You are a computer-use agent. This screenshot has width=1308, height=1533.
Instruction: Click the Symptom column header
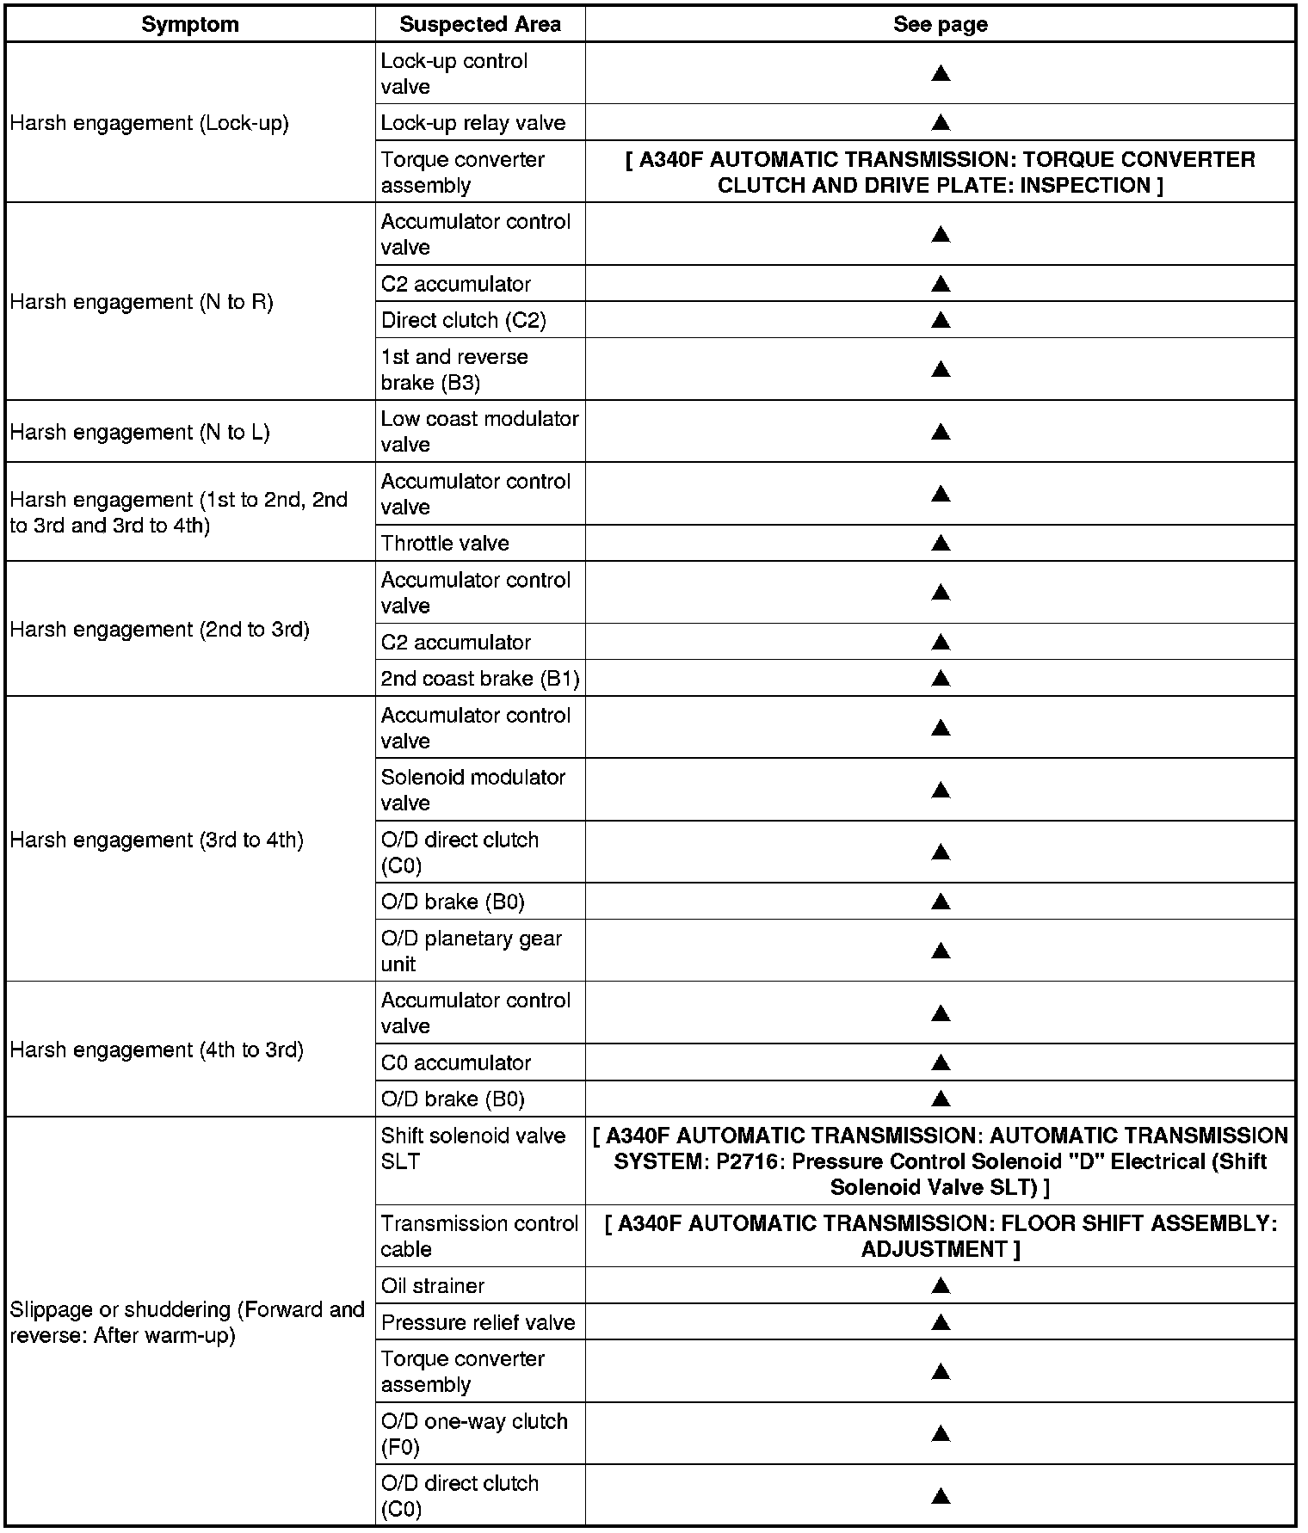[x=190, y=24]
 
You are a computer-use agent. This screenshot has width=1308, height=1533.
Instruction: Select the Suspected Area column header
[x=480, y=24]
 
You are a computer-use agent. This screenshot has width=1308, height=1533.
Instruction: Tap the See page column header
[x=940, y=24]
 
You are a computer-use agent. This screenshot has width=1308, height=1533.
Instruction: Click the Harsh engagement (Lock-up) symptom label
[x=150, y=123]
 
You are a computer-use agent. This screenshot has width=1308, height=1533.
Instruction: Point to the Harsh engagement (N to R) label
[x=142, y=302]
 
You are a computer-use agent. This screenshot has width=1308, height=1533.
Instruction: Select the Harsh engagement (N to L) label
[x=140, y=432]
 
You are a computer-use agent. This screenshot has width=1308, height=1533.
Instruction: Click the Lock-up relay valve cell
[x=473, y=123]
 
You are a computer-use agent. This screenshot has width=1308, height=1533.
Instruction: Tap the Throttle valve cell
[x=445, y=543]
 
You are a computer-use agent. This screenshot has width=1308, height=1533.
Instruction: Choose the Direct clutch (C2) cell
[x=464, y=320]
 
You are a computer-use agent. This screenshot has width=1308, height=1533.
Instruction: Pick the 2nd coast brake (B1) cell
[x=480, y=679]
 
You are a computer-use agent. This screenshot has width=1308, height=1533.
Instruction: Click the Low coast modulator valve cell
[x=479, y=431]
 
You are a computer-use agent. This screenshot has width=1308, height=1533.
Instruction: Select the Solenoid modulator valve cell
[x=473, y=790]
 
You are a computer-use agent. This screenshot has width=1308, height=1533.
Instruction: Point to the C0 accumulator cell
[x=456, y=1062]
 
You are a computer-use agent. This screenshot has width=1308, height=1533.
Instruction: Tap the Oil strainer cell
[x=433, y=1285]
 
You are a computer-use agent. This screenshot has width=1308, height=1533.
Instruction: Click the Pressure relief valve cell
[x=478, y=1322]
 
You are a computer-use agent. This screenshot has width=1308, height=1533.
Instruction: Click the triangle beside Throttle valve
[x=941, y=543]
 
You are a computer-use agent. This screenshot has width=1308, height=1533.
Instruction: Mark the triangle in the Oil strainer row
[x=941, y=1285]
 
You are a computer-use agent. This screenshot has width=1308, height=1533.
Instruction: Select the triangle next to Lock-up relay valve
[x=941, y=123]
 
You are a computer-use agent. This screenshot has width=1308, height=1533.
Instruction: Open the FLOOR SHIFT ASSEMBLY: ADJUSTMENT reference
[x=941, y=1236]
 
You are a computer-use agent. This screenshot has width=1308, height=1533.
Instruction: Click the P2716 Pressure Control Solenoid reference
[x=941, y=1161]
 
